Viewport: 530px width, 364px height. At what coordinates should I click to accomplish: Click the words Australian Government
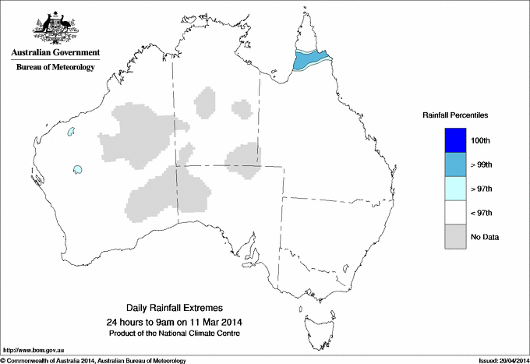coord(55,53)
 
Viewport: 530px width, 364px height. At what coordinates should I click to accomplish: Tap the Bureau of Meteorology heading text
coord(55,68)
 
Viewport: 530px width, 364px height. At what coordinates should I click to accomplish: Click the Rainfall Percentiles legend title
coord(455,115)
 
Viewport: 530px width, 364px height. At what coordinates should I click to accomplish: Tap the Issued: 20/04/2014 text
coord(502,359)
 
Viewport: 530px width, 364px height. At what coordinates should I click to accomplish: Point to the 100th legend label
coord(481,140)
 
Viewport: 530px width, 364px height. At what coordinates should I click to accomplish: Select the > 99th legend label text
coord(482,164)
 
